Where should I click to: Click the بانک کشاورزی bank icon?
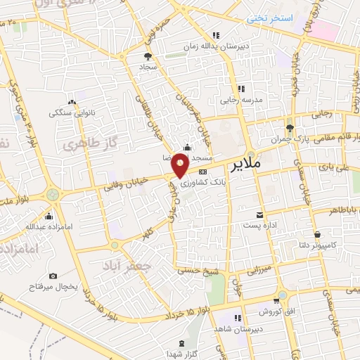203,172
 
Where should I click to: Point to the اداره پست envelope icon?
261,214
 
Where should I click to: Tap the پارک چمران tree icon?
290,127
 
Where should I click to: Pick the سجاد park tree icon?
147,56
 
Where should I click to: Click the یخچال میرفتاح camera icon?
54,276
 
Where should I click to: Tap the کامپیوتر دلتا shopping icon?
317,235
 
